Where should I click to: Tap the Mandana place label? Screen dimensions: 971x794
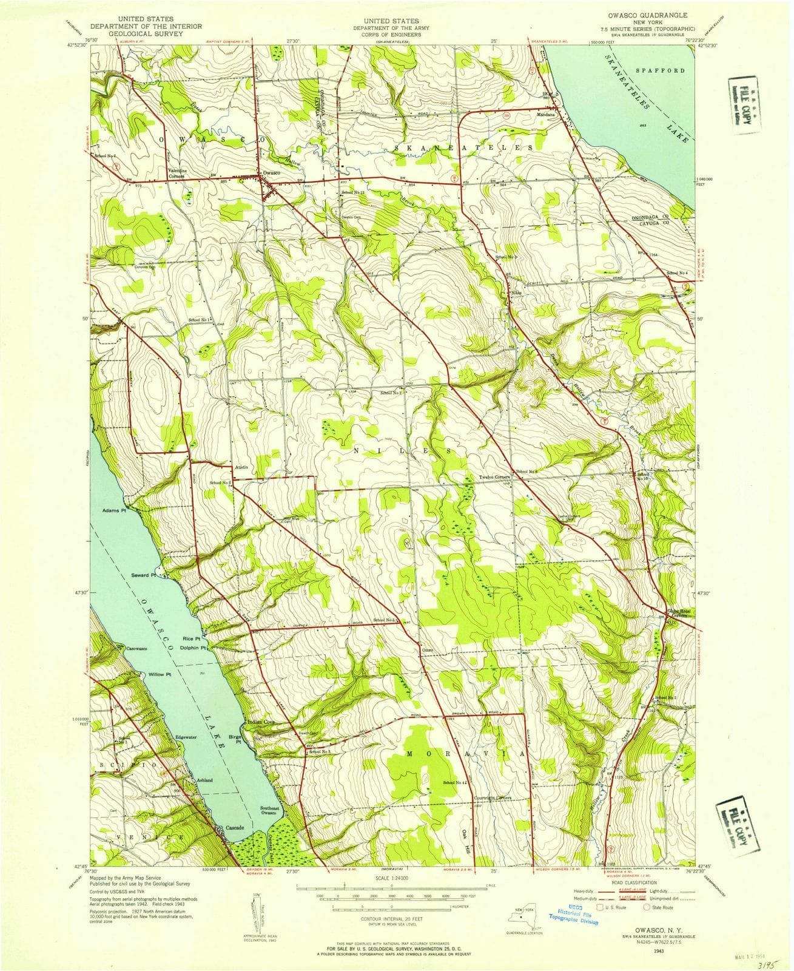(548, 113)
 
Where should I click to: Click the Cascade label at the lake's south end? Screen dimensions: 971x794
(235, 828)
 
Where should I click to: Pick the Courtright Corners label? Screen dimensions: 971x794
(493, 797)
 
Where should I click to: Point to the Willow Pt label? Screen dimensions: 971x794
(160, 675)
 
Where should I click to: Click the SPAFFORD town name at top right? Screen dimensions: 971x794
(660, 70)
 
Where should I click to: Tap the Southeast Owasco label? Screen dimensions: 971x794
(269, 811)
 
